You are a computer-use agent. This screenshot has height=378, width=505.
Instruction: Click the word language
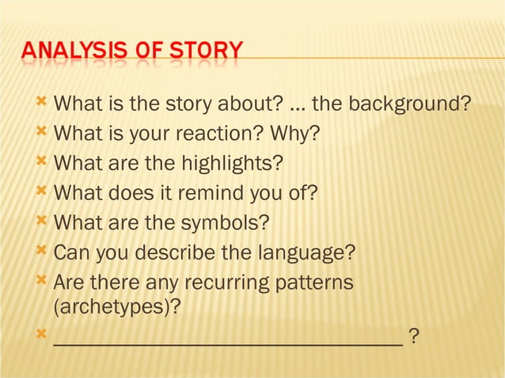(306, 254)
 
